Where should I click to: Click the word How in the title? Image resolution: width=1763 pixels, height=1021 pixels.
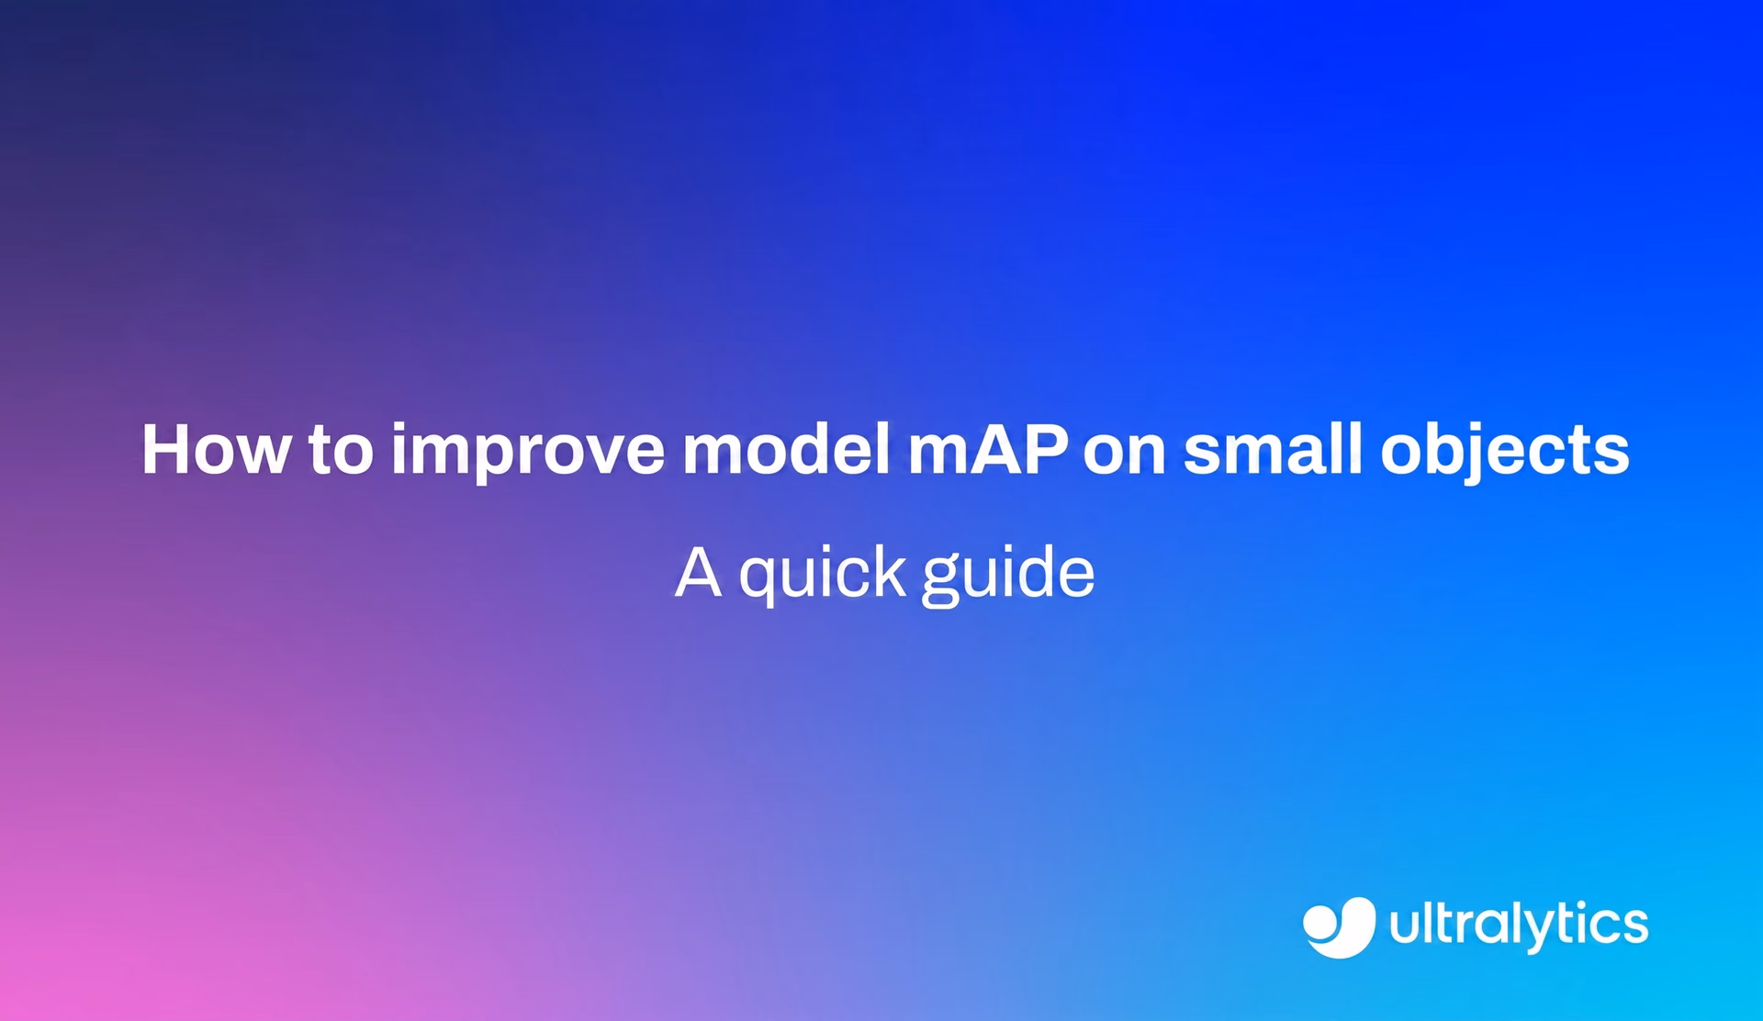[216, 449]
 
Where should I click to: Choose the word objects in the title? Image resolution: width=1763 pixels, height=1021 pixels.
[1505, 453]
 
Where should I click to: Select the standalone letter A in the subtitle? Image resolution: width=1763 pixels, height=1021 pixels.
[698, 571]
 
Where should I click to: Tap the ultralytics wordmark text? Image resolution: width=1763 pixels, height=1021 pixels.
[1519, 926]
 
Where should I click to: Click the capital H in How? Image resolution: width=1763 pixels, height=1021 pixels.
[166, 449]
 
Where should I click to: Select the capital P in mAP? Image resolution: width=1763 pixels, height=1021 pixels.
[1045, 449]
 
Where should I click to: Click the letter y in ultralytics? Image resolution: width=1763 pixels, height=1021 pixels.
[1526, 934]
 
